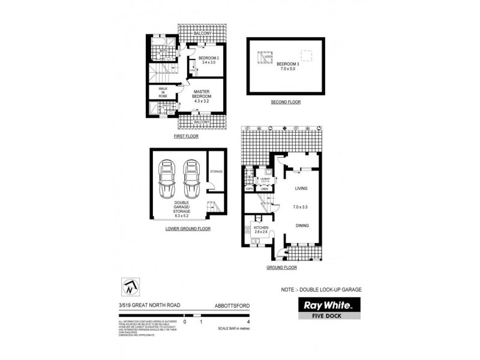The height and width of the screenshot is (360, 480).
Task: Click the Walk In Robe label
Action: point(163,92)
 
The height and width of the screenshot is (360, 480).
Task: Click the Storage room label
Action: point(216,172)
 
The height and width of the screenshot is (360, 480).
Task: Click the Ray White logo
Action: point(329,304)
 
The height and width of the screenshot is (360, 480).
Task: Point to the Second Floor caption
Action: point(286,103)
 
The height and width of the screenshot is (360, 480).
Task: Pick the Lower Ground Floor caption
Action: point(188,229)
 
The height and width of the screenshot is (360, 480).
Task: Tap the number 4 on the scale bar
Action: point(248,322)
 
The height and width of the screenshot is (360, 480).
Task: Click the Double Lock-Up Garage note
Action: point(322,290)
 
